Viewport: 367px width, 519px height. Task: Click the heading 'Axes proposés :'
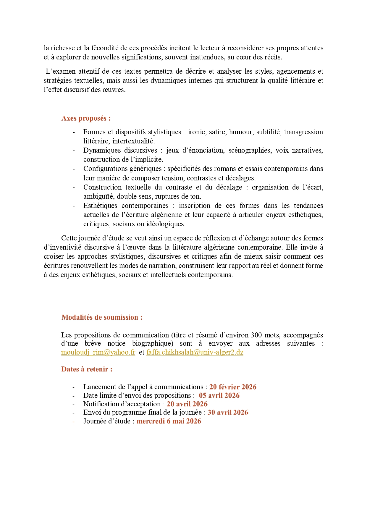pos(86,118)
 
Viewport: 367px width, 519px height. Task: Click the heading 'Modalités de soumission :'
pos(102,317)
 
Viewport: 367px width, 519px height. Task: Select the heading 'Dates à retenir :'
pos(87,369)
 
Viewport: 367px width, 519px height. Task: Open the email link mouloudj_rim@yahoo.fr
pos(98,352)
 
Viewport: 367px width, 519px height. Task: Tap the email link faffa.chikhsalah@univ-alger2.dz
pos(195,352)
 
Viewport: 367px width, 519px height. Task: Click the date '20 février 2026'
pos(233,387)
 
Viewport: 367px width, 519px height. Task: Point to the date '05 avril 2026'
pos(219,395)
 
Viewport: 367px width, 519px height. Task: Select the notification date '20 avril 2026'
pos(187,404)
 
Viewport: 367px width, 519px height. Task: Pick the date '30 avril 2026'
pos(228,413)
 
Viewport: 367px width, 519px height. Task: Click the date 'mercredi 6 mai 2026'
pos(169,421)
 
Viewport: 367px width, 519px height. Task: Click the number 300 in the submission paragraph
pos(256,335)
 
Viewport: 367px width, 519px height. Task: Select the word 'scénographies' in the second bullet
pos(249,150)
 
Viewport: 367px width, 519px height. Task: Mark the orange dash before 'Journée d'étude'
pos(73,421)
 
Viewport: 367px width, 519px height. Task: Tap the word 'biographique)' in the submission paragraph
pos(153,344)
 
